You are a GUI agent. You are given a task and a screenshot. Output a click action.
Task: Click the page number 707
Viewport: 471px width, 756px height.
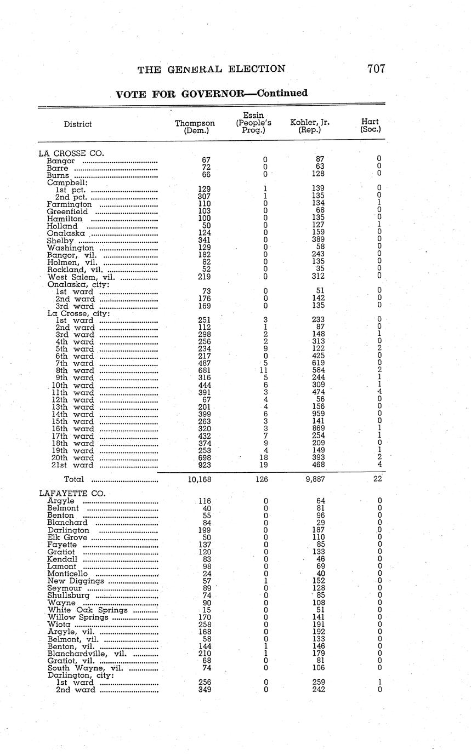(376, 69)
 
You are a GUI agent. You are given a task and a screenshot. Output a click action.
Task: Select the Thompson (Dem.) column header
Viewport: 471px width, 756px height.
(195, 127)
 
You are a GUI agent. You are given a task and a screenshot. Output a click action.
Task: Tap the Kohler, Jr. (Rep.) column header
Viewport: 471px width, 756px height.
(310, 127)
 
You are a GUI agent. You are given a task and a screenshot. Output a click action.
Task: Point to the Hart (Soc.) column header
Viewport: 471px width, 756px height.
(371, 126)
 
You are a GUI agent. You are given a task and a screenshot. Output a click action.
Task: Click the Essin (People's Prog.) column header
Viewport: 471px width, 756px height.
(254, 123)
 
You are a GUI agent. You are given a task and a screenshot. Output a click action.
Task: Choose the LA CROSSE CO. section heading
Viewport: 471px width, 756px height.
(71, 153)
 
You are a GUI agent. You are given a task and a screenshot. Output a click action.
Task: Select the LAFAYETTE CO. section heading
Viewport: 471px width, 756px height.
(71, 493)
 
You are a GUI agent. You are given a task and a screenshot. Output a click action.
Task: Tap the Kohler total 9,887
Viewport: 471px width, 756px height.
(315, 479)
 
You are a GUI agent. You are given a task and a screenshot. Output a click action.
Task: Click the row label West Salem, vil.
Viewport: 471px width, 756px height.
(80, 277)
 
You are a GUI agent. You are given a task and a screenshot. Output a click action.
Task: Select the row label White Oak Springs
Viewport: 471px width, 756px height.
(88, 610)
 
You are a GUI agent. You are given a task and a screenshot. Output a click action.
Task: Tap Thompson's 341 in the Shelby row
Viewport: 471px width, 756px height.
(204, 240)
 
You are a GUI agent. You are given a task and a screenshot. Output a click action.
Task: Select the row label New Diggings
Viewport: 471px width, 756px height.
(76, 581)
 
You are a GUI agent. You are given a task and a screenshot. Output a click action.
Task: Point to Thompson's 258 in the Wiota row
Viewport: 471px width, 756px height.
(204, 624)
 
